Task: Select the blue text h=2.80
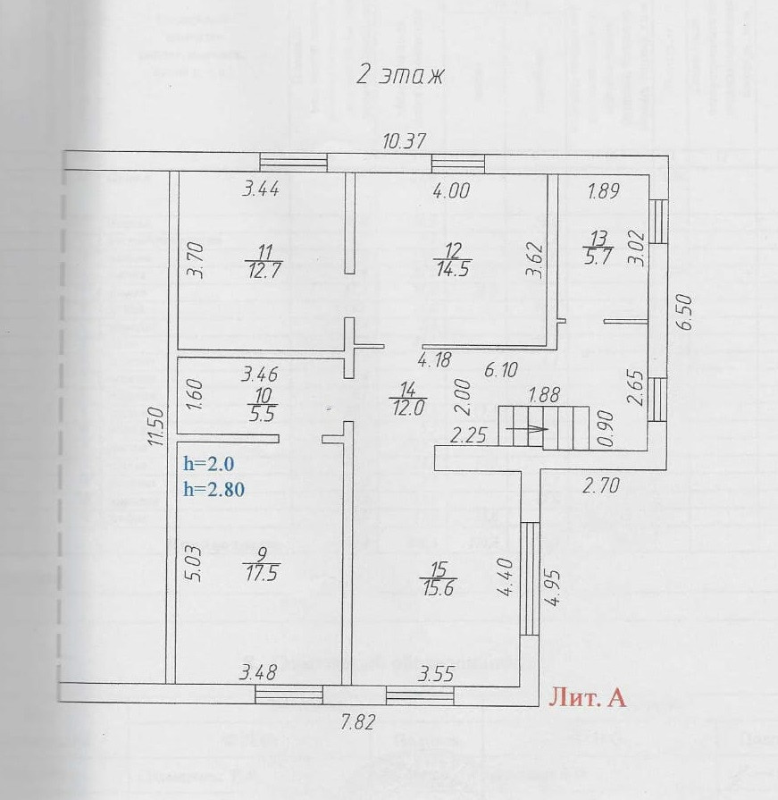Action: click(213, 488)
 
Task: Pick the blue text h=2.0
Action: click(207, 464)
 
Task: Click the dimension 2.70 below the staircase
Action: click(600, 487)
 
